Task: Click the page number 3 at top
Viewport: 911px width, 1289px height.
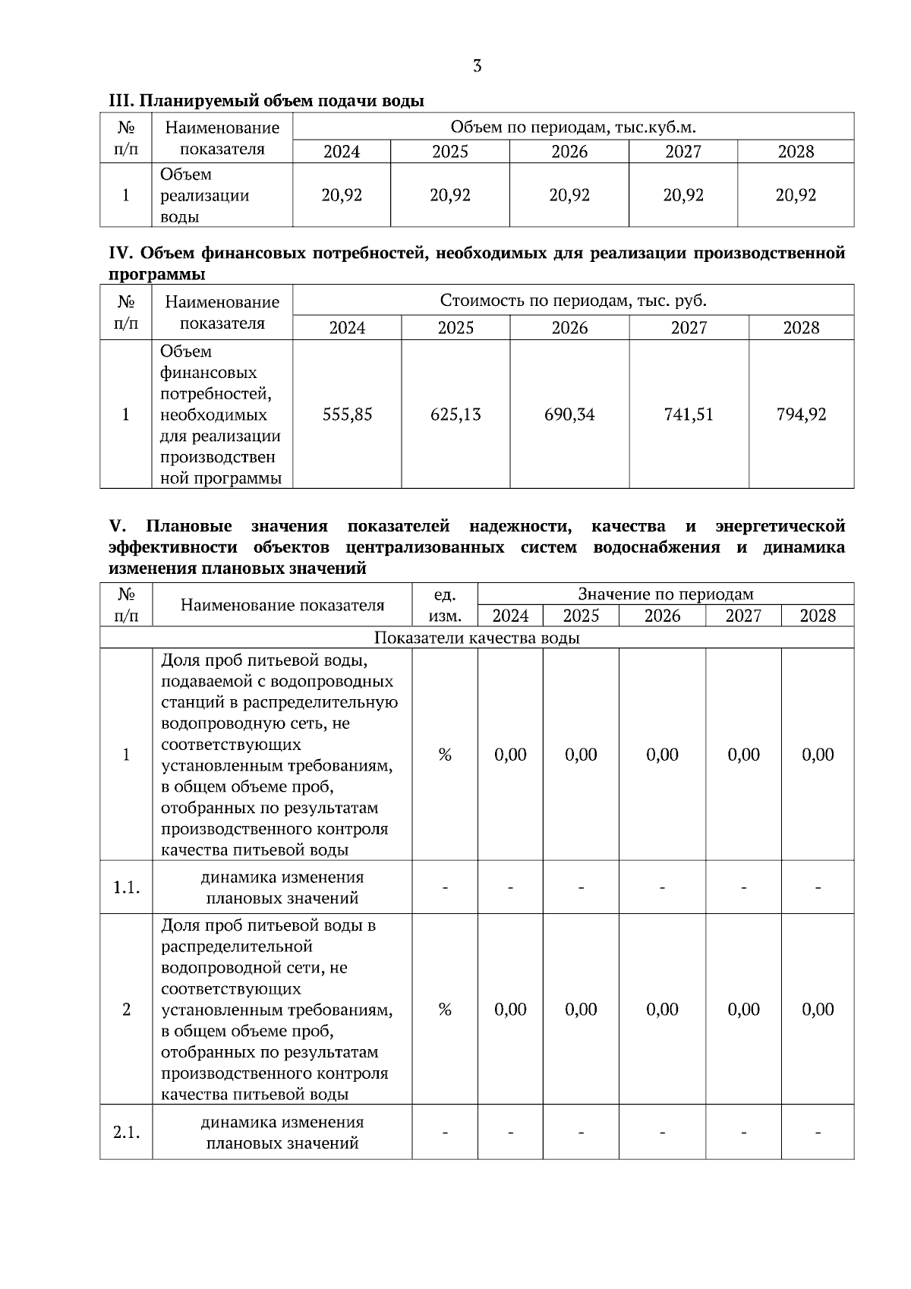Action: point(477,66)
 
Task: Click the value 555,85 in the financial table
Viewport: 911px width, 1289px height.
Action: point(347,414)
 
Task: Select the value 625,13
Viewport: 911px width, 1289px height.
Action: point(455,414)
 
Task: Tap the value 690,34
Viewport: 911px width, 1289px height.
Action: point(569,414)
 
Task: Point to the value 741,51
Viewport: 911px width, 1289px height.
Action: point(689,414)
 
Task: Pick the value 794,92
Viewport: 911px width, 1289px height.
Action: point(801,414)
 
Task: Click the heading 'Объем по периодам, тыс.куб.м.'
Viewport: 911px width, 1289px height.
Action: point(573,127)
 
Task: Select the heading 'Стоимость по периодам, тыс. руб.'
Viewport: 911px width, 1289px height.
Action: point(573,301)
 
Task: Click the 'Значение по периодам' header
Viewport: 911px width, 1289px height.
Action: point(666,594)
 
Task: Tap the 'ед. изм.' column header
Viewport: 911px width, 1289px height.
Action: point(445,604)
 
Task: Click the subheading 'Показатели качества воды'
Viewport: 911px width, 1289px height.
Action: point(477,638)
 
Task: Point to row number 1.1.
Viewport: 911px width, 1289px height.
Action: point(126,887)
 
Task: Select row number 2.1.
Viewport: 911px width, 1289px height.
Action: point(126,1133)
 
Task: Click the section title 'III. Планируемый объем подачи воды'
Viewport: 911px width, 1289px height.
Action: point(266,100)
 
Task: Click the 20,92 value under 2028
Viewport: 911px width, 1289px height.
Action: point(796,195)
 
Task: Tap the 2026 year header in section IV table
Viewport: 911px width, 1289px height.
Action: point(569,328)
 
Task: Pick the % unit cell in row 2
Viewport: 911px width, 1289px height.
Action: point(445,1009)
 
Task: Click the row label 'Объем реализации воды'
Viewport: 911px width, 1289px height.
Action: point(204,196)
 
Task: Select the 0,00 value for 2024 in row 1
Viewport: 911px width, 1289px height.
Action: point(510,755)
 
